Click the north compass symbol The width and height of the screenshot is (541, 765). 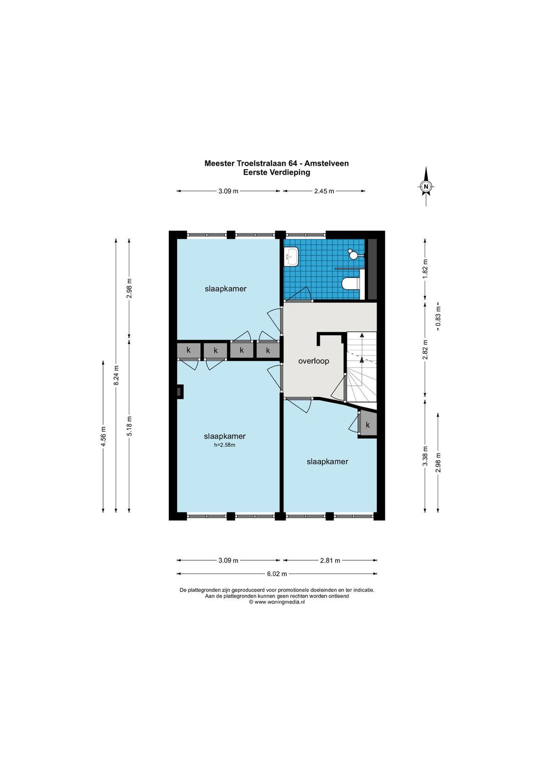(426, 186)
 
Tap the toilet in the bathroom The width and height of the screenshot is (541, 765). (351, 283)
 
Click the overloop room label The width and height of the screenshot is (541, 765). (314, 361)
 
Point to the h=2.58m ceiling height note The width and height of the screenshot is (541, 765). (224, 445)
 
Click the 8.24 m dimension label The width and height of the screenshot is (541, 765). (116, 375)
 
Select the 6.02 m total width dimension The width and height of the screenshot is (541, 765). (277, 574)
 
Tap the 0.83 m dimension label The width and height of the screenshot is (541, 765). (438, 317)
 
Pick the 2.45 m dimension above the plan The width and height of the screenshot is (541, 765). (324, 191)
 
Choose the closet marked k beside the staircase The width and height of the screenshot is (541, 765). (368, 425)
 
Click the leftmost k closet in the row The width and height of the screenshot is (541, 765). (188, 350)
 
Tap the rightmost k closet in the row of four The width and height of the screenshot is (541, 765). (268, 350)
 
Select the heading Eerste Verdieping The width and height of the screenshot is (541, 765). (277, 172)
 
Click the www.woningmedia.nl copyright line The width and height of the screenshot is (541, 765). (277, 602)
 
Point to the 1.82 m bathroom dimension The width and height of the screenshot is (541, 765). (425, 269)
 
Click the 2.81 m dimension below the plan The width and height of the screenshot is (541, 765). (330, 560)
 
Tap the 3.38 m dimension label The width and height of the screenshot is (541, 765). (425, 456)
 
